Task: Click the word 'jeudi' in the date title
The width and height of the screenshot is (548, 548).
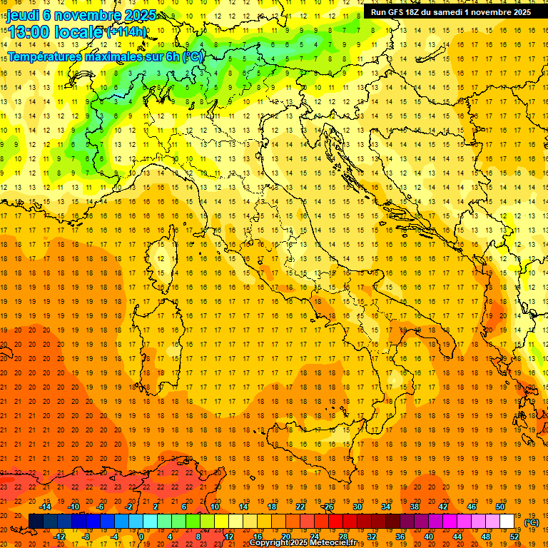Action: coord(23,16)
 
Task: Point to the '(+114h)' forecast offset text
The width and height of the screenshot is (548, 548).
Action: coord(126,32)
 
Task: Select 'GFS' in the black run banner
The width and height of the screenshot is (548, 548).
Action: coord(396,12)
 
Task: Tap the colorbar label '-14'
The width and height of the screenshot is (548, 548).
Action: coord(46,507)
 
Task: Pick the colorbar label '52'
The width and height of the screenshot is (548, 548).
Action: coord(514,537)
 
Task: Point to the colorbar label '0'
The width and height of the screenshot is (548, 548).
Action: coord(141,537)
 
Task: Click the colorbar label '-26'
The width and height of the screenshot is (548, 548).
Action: coord(328,507)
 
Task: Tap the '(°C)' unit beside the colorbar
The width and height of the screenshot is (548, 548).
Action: coord(532,522)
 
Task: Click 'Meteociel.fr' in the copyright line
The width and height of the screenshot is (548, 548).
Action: coord(336,543)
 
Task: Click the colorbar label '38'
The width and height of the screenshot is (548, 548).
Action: coord(415,507)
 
